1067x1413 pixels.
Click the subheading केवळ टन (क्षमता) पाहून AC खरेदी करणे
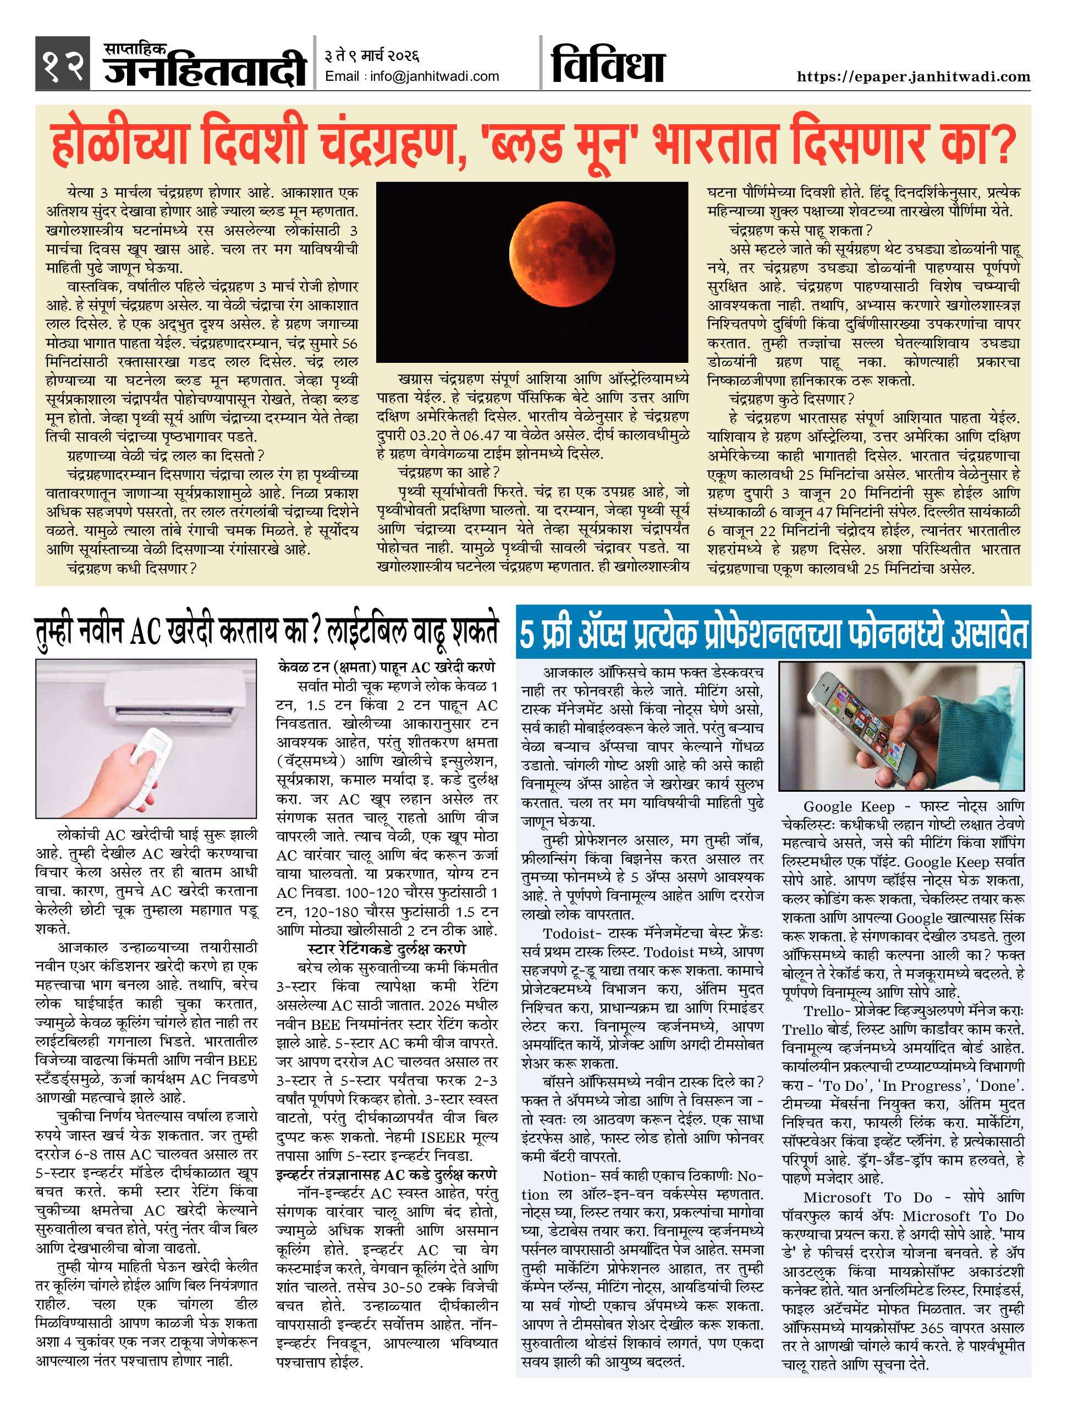pos(387,667)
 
